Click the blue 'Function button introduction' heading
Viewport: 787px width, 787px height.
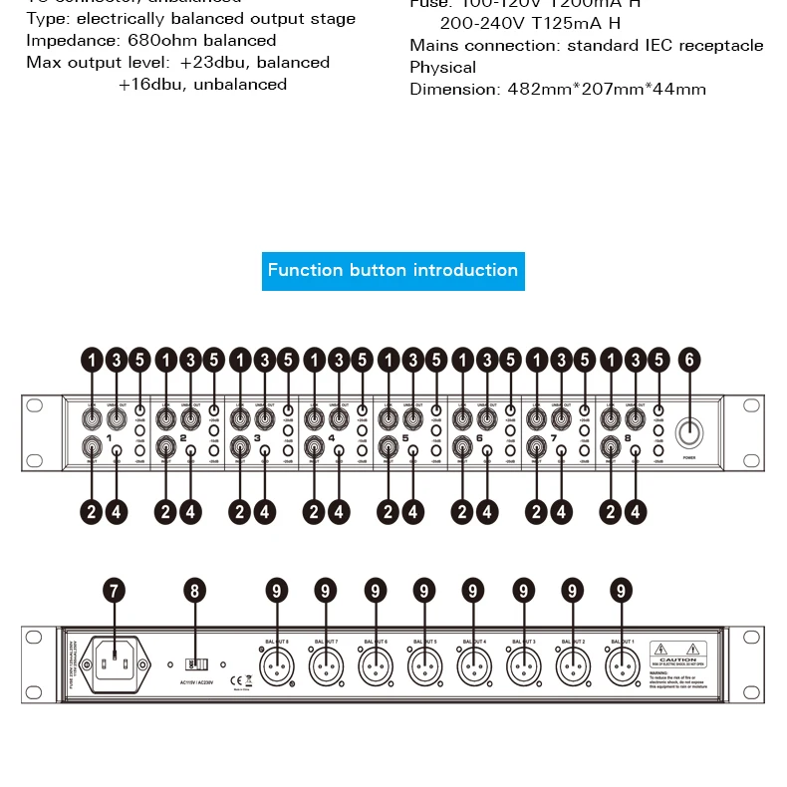click(393, 270)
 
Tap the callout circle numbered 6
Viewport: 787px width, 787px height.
click(689, 361)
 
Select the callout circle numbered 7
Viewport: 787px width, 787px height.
click(116, 591)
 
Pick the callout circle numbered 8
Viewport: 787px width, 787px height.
click(195, 591)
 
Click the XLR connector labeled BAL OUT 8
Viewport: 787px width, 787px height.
click(275, 663)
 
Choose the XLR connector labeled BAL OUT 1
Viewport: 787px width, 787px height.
click(621, 663)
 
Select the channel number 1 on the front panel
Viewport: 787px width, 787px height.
click(109, 437)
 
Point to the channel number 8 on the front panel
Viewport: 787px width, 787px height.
click(628, 437)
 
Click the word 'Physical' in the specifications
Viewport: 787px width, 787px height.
click(442, 68)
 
